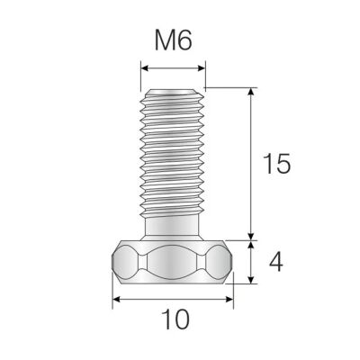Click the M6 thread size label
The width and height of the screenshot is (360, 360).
[174, 40]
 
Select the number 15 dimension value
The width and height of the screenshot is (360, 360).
[276, 164]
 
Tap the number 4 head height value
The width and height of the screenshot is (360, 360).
[276, 262]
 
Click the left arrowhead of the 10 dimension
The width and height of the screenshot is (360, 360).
[115, 302]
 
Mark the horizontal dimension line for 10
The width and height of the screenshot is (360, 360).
[172, 302]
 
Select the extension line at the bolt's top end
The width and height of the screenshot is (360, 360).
[229, 87]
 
